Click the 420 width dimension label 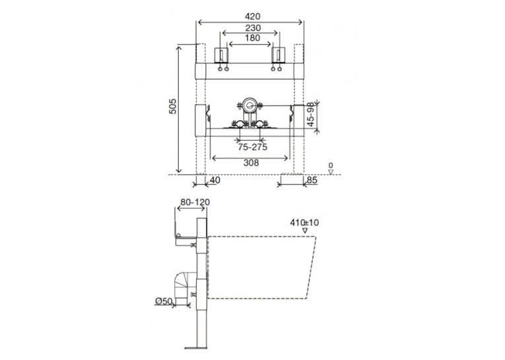[252, 16]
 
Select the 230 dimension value [253, 28]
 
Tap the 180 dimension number [252, 38]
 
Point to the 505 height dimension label [173, 106]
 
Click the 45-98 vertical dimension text [310, 114]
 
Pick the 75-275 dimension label [252, 147]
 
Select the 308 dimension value [251, 163]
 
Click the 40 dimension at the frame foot [215, 180]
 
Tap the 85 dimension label [312, 180]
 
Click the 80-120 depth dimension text [195, 202]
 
